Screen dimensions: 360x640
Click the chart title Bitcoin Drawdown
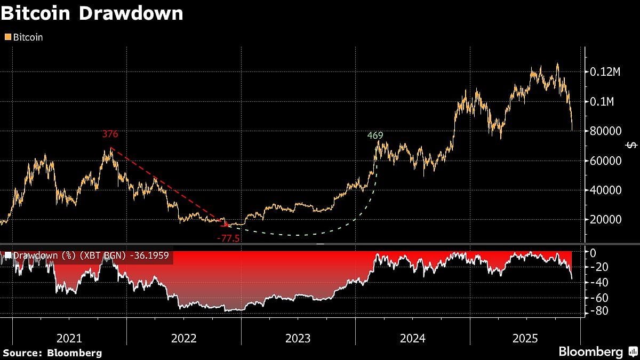click(x=92, y=13)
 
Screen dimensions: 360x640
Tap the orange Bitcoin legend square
click(x=7, y=37)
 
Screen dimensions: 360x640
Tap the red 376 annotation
click(x=110, y=135)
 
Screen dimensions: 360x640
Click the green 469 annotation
click(x=375, y=135)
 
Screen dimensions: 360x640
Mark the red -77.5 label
click(x=228, y=238)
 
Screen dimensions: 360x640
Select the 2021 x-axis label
click(x=69, y=338)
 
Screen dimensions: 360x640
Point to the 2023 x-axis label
click(x=298, y=338)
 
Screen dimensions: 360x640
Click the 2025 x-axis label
click(x=525, y=338)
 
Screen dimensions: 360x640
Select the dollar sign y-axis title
click(x=631, y=146)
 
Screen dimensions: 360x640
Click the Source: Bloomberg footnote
click(x=52, y=353)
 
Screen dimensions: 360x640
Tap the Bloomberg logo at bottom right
click(x=597, y=352)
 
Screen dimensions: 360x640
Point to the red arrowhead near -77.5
click(x=226, y=225)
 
